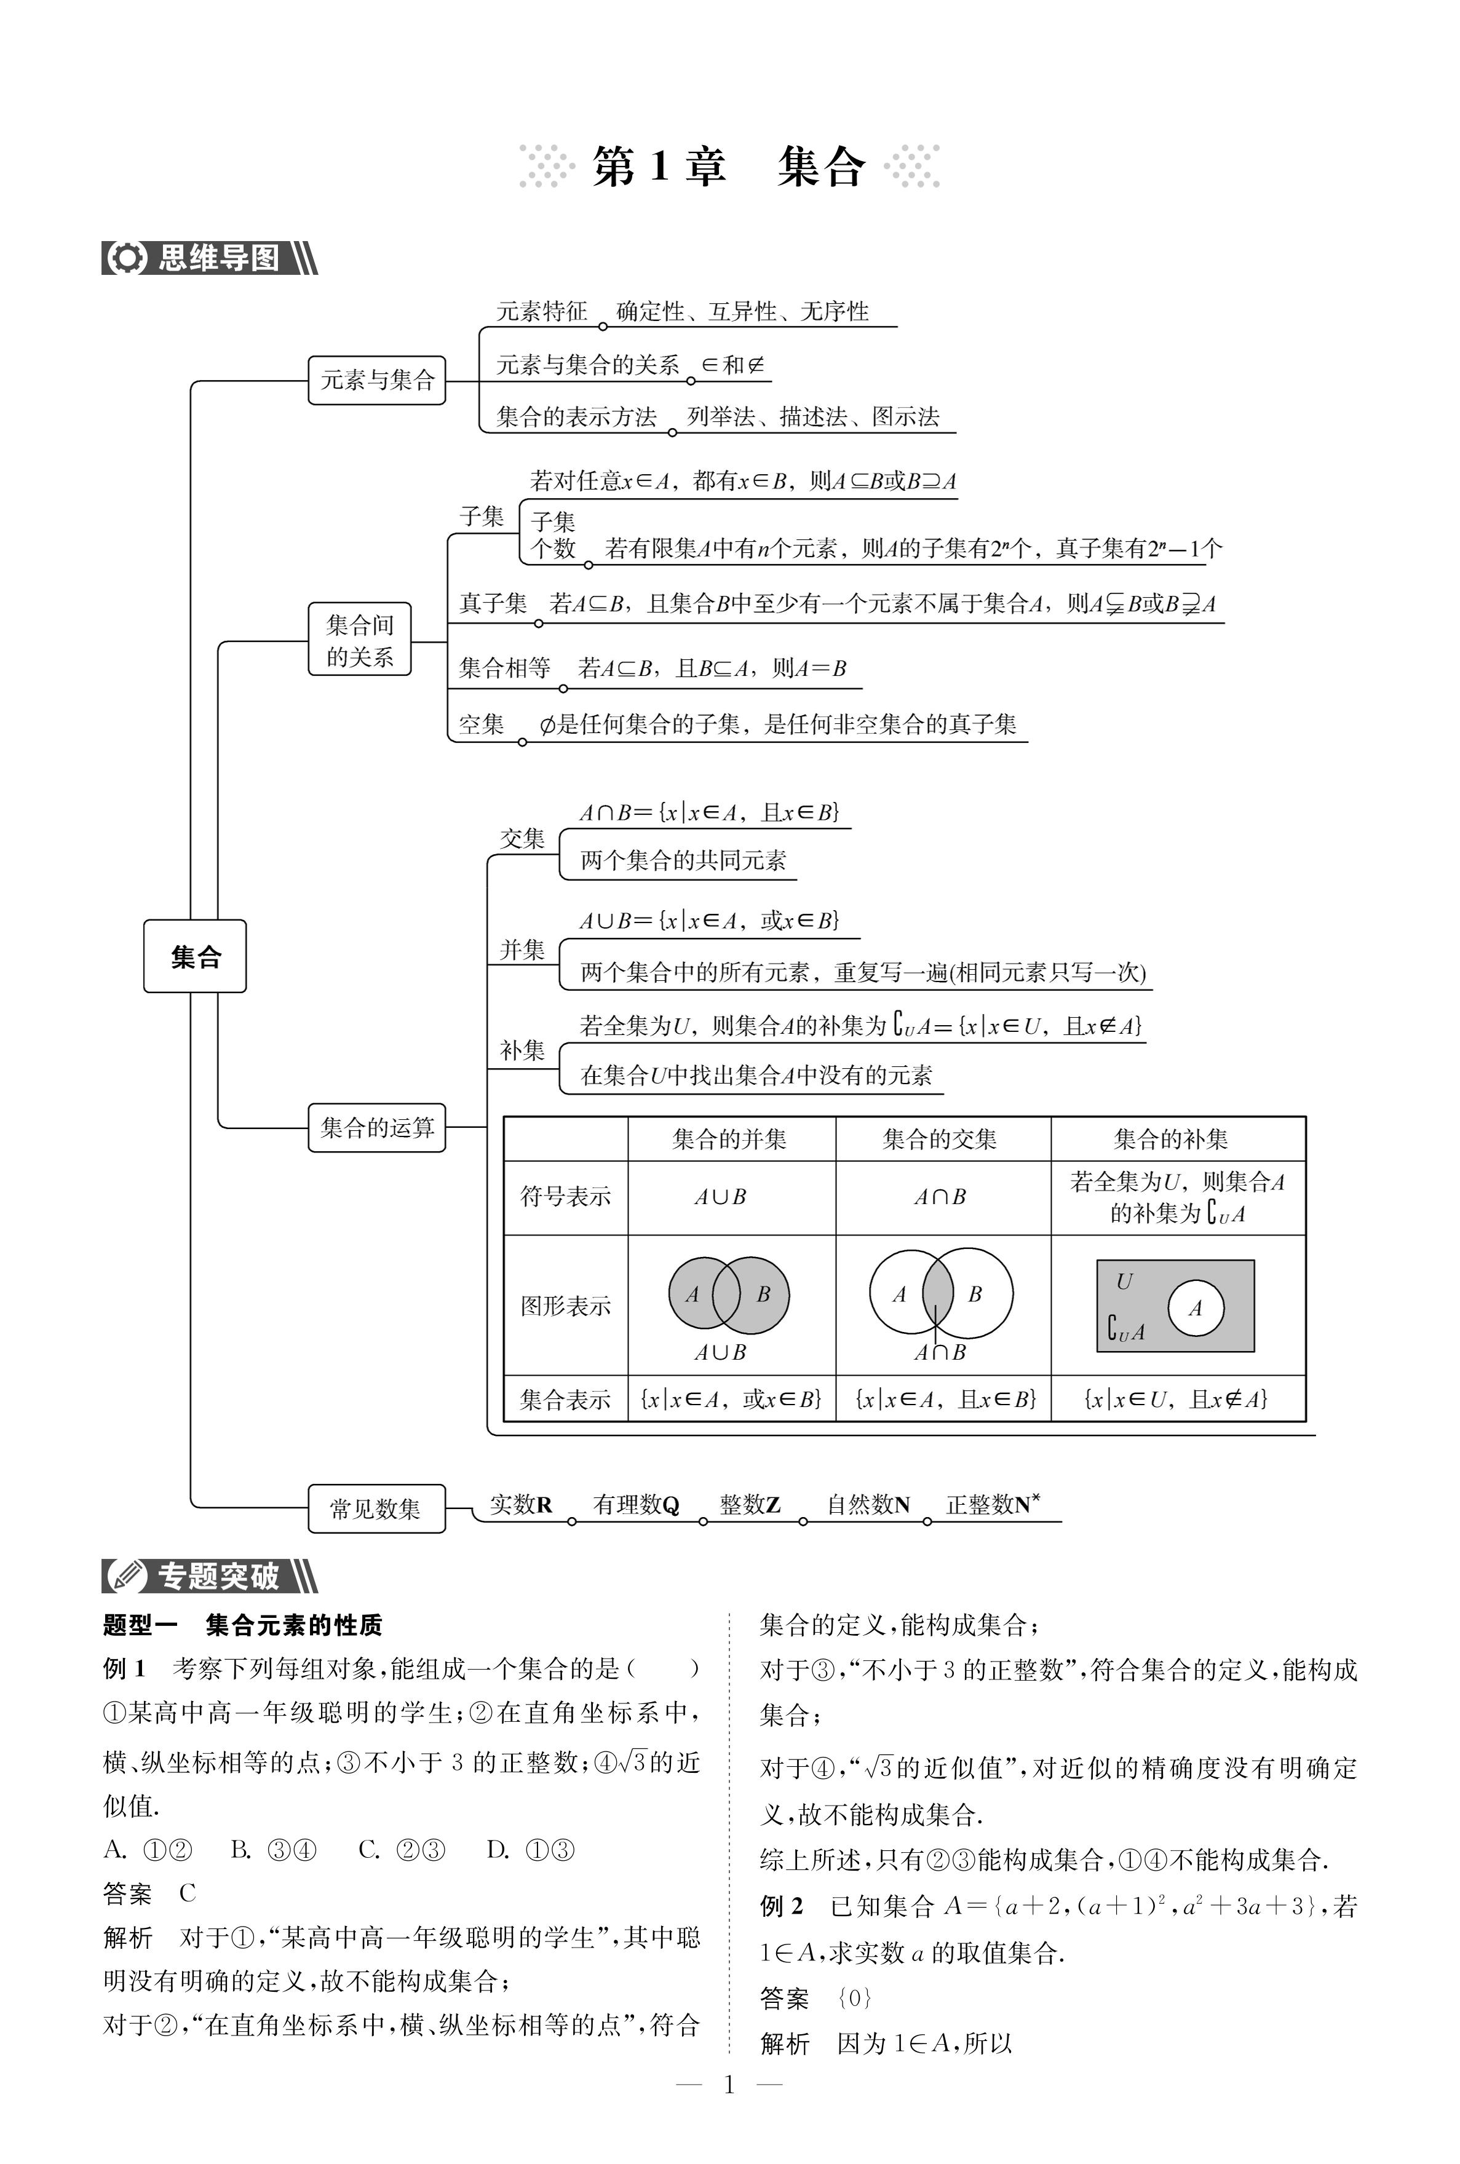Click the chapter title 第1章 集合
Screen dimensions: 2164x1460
coord(729,167)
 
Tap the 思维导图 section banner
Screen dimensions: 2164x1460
coord(210,258)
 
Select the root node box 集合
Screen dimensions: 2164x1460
coord(194,956)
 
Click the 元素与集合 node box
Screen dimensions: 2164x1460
coord(377,380)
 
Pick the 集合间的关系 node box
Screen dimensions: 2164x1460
coord(359,640)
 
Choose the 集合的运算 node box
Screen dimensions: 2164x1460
coord(377,1128)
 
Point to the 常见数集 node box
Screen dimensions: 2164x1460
coord(376,1508)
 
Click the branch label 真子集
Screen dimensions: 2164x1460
coord(493,604)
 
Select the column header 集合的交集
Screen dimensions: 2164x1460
coord(940,1138)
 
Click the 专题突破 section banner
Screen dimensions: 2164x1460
coord(210,1575)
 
